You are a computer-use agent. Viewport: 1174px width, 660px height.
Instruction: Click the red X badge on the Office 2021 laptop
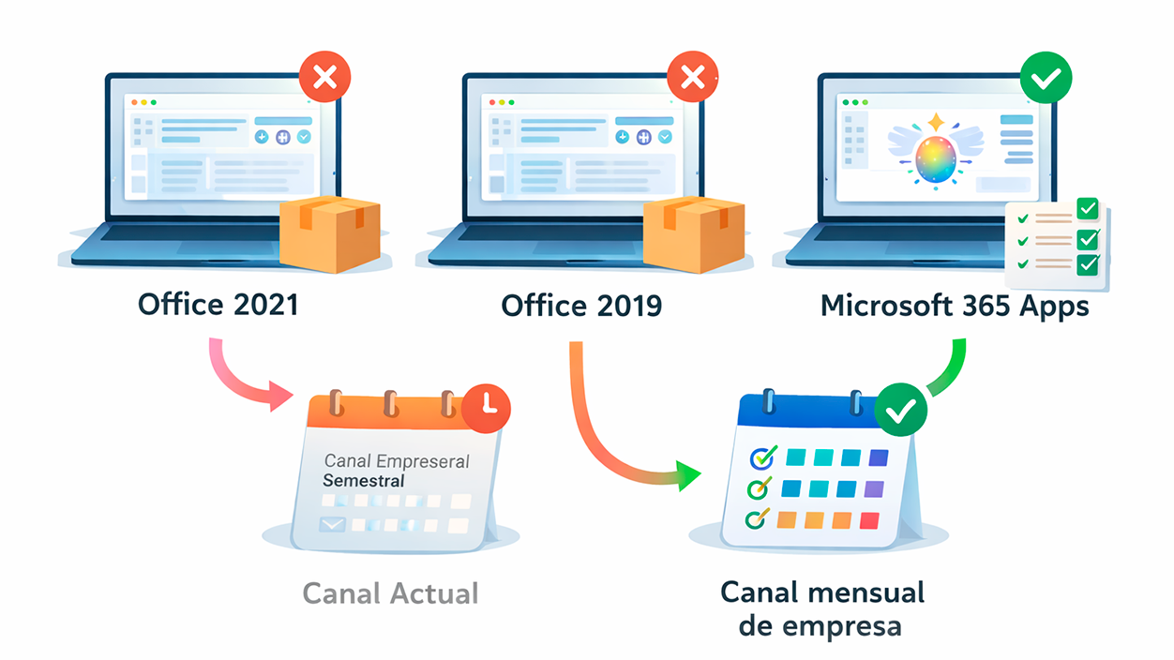(x=324, y=77)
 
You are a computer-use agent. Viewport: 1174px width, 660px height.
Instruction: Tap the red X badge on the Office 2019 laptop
(x=692, y=77)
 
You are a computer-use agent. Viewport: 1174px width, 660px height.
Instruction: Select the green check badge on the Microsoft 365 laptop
(x=1046, y=78)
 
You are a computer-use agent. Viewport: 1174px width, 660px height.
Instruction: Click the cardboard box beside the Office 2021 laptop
(x=331, y=233)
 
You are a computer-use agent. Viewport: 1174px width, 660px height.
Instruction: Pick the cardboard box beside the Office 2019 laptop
(x=694, y=233)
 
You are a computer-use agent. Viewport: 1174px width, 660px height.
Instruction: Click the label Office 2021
(x=218, y=306)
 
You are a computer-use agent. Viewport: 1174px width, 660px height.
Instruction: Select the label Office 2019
(x=581, y=306)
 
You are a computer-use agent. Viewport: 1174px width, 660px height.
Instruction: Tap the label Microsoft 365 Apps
(x=955, y=306)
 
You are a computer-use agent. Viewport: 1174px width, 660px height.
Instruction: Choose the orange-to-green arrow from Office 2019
(x=610, y=441)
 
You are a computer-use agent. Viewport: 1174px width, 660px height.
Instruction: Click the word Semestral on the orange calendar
(x=363, y=481)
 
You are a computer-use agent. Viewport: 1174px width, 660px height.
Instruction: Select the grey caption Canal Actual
(x=390, y=593)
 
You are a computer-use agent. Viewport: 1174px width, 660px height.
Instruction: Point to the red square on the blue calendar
(x=869, y=520)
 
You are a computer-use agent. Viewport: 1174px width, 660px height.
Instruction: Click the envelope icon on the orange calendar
(x=333, y=524)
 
